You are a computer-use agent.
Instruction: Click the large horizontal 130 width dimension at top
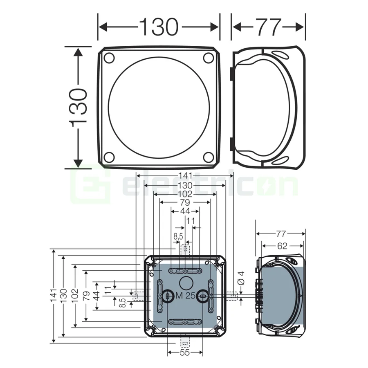[x=159, y=27]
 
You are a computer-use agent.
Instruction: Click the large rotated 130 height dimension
[x=77, y=107]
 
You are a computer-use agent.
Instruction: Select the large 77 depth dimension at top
[x=269, y=27]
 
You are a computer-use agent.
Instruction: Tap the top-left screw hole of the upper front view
[x=109, y=58]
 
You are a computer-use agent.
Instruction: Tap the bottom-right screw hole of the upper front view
[x=209, y=157]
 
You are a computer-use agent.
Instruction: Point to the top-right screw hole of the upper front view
[x=209, y=58]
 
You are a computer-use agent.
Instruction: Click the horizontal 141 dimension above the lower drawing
[x=185, y=175]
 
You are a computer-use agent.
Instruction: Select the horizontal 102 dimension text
[x=185, y=194]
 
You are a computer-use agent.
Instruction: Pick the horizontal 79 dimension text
[x=185, y=202]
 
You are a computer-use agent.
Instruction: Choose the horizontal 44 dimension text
[x=185, y=211]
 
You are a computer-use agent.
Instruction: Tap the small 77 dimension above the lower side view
[x=280, y=234]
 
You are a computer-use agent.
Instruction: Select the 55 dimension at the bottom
[x=185, y=352]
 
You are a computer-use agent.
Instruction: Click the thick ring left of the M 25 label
[x=167, y=296]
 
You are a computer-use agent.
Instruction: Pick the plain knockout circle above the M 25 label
[x=186, y=282]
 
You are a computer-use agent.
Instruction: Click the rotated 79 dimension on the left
[x=86, y=296]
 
